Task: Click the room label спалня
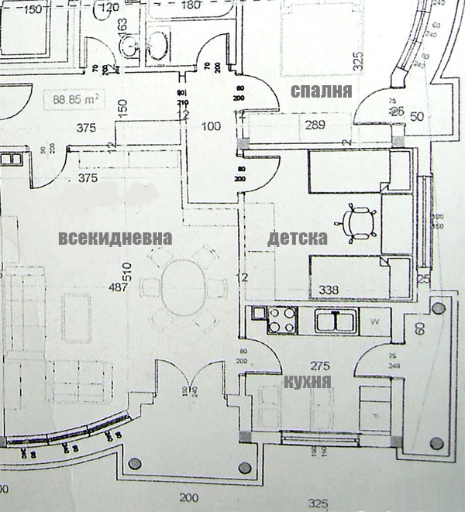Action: pos(322,91)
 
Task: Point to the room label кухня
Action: pos(308,381)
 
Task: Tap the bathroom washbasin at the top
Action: pos(160,45)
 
